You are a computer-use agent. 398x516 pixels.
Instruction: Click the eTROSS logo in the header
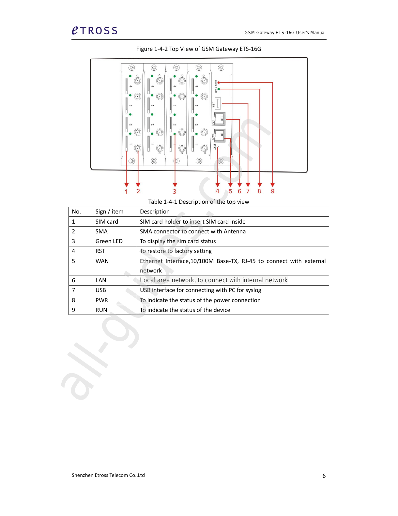94,31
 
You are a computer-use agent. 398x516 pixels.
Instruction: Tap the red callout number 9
273,191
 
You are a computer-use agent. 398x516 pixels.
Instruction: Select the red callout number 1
126,192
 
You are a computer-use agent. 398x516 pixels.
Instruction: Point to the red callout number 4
218,191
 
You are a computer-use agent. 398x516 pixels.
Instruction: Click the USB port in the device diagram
218,104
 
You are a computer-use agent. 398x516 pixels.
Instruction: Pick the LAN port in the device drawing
220,119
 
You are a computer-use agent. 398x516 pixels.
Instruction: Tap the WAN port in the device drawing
220,135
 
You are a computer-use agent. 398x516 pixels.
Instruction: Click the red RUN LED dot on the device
219,82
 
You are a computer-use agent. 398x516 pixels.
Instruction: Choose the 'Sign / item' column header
109,212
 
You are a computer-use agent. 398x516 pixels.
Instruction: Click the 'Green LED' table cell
109,241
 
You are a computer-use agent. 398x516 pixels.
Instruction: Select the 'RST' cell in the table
100,251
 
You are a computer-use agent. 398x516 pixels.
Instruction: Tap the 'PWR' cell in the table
101,300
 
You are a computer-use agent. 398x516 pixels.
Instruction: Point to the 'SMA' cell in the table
101,231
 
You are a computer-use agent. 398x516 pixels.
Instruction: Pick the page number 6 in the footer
324,476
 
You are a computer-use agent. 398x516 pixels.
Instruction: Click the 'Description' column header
155,212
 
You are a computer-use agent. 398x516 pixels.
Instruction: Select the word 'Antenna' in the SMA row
235,231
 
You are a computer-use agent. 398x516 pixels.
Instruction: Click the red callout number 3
175,192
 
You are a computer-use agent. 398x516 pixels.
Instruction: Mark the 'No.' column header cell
76,212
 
